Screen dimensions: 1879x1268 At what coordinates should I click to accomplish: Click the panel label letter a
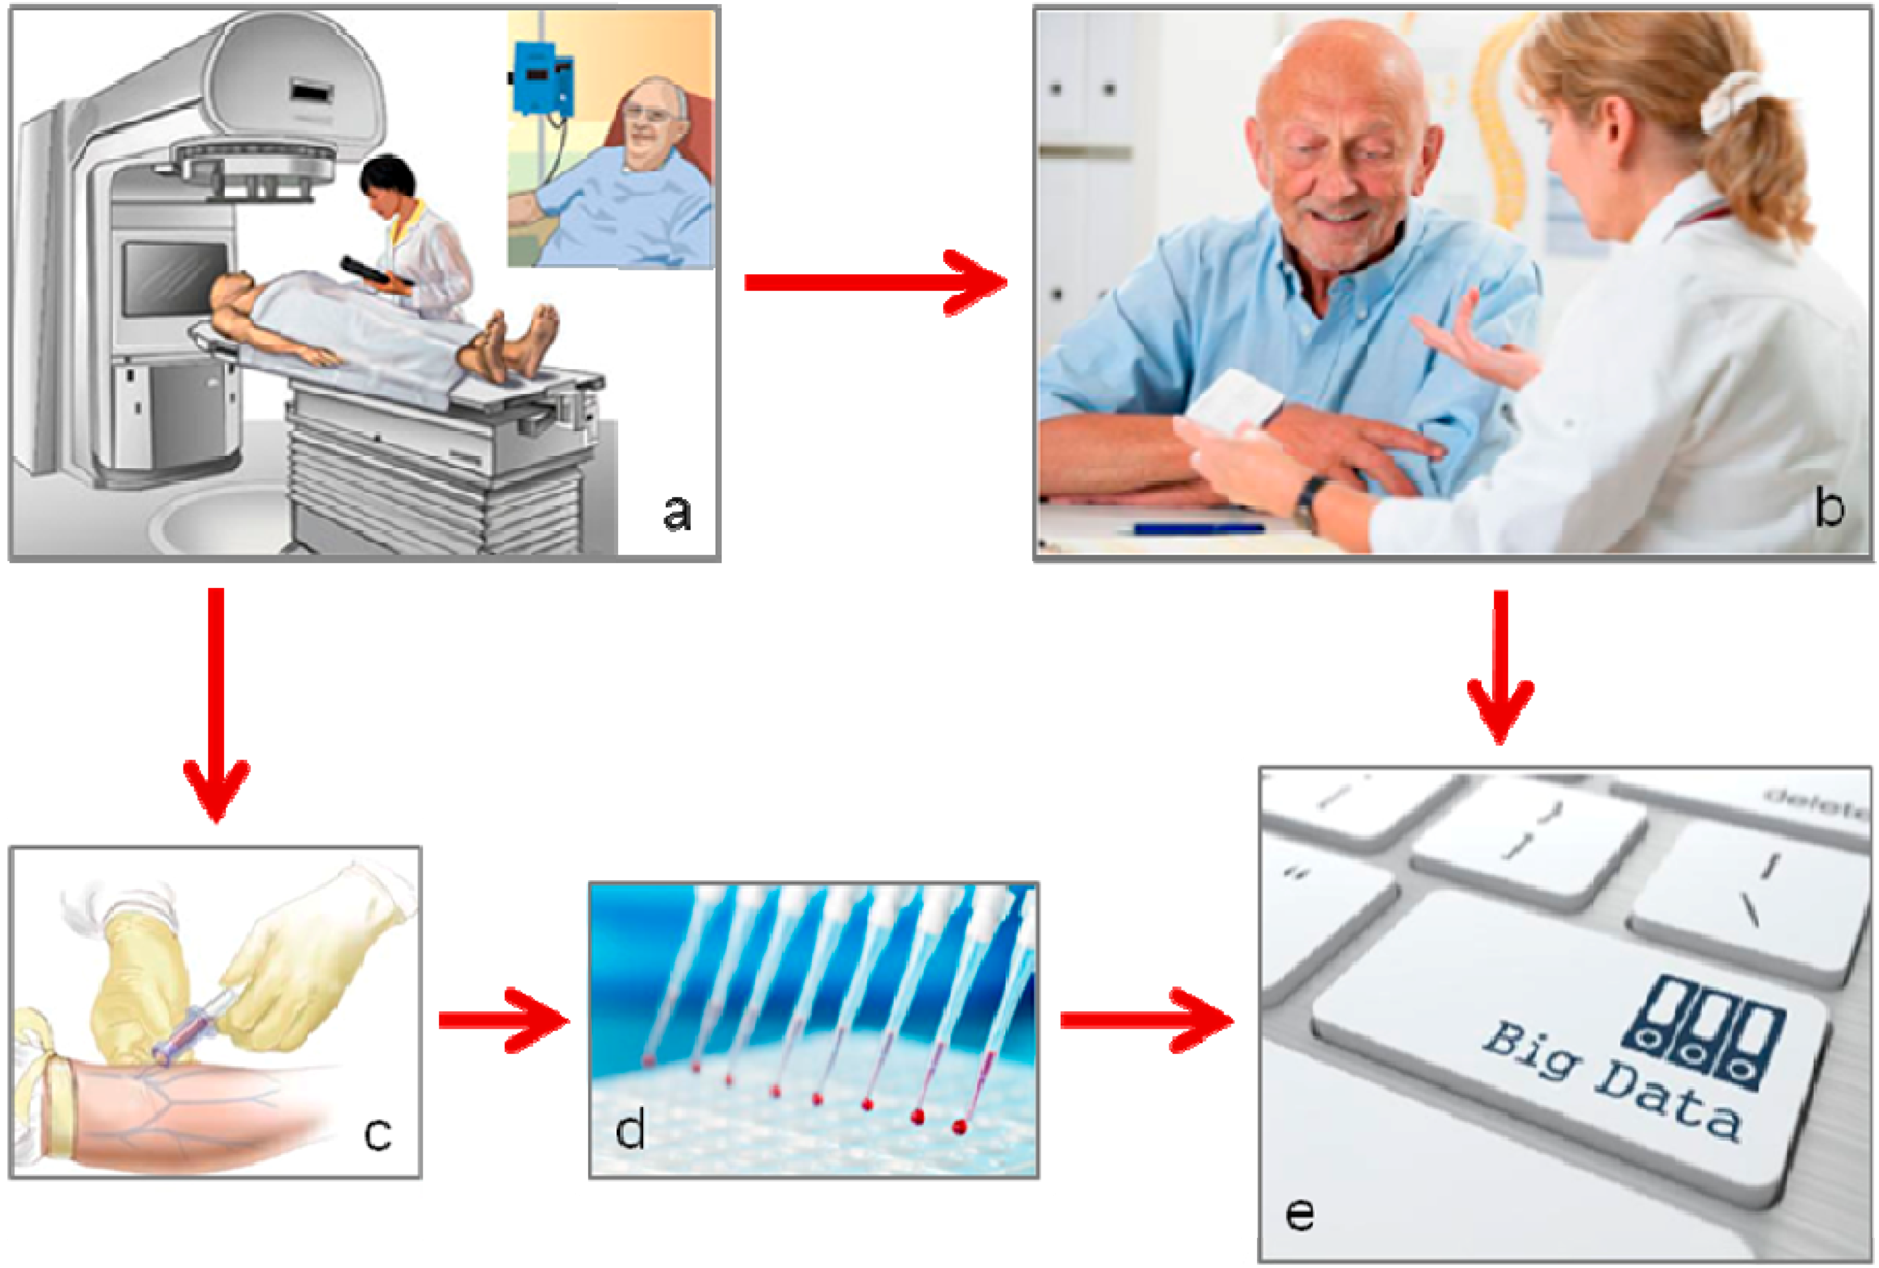coord(677,513)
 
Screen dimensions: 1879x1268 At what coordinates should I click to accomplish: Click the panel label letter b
coord(1829,508)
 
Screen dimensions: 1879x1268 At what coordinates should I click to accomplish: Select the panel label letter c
coord(378,1133)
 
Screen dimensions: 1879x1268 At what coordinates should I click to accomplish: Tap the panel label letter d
coord(630,1128)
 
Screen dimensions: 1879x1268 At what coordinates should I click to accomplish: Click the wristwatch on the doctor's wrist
coord(1310,500)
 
